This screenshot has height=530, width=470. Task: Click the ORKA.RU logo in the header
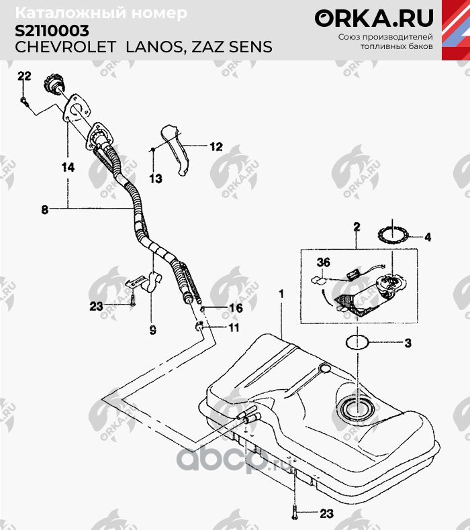coord(374,17)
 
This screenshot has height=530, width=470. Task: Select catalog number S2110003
coord(51,31)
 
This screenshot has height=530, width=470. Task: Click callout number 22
coord(24,76)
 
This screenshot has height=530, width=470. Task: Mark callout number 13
coord(155,178)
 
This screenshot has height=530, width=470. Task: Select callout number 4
coord(428,236)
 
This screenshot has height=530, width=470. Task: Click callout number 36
coord(324,263)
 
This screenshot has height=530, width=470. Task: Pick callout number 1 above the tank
coord(282,294)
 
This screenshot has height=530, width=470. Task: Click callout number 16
coord(234,309)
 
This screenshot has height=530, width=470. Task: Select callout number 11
coord(233,328)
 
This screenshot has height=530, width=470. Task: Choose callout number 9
coord(152,330)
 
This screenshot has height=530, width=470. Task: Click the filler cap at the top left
coord(54,85)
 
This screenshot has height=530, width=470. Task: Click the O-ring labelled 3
coord(359,343)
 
